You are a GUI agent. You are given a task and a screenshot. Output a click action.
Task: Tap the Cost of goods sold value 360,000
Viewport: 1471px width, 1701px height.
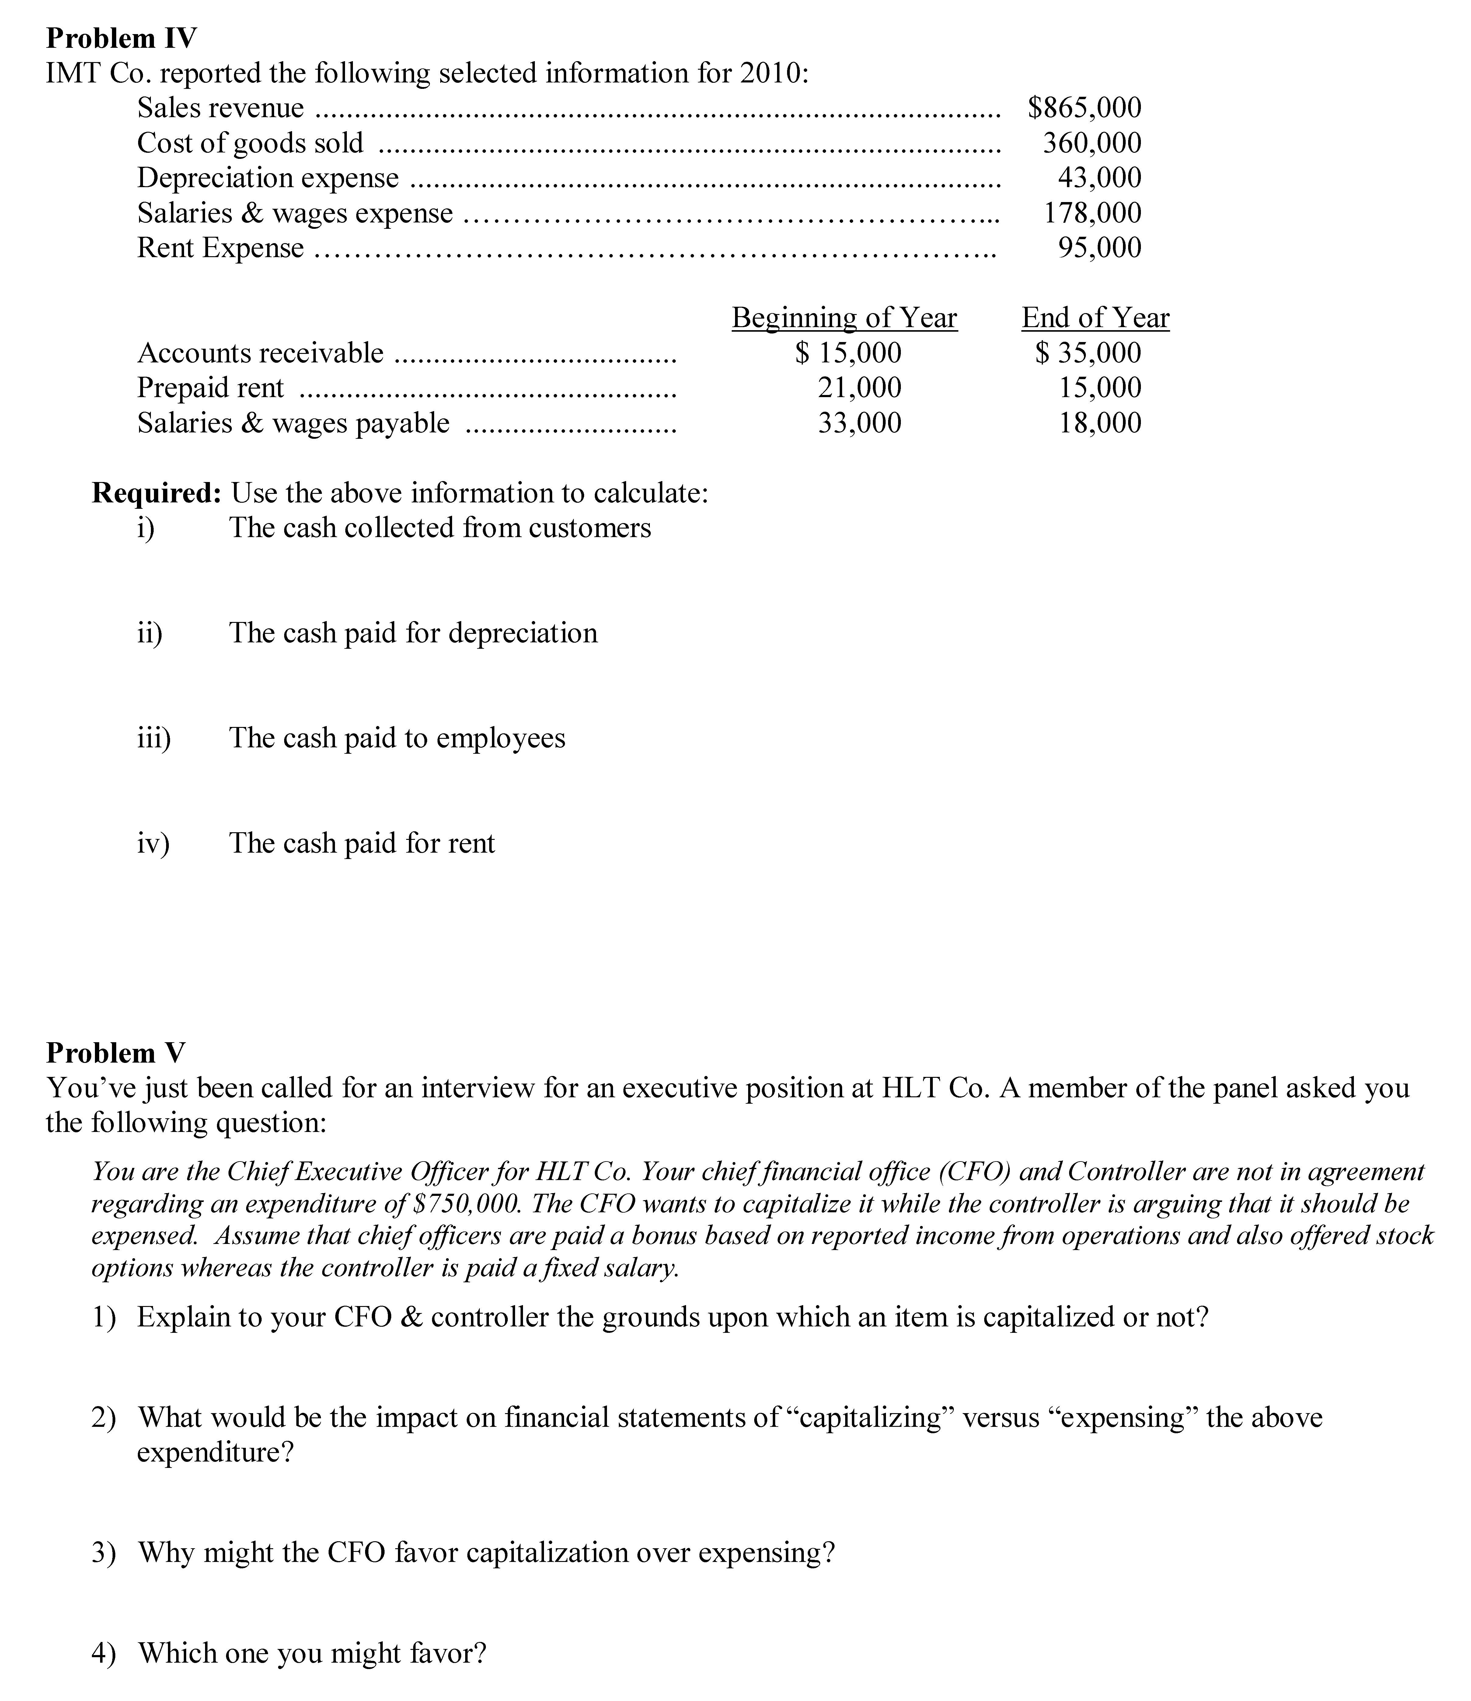click(1092, 143)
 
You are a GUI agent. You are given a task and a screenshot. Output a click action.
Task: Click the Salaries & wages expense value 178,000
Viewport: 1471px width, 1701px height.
click(1092, 213)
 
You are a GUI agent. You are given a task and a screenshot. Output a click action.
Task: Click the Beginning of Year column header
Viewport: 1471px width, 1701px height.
click(844, 318)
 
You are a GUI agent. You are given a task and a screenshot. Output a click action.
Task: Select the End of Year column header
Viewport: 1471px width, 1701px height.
click(1095, 318)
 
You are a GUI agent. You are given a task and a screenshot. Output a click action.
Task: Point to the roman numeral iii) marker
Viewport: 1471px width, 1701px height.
click(154, 738)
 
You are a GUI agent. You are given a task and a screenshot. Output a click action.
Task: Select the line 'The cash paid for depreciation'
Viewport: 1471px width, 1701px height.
click(413, 633)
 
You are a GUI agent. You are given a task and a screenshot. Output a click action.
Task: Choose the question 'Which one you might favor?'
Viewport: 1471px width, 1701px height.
click(312, 1653)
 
